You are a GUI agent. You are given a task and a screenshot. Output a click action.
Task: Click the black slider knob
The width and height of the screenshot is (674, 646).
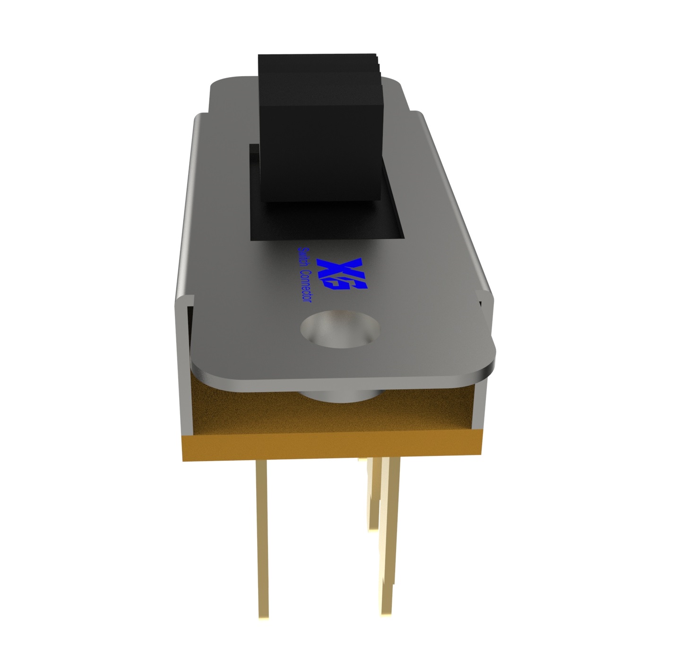pyautogui.click(x=320, y=128)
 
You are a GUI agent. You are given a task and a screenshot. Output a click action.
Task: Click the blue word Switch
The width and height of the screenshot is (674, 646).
pyautogui.click(x=302, y=260)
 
